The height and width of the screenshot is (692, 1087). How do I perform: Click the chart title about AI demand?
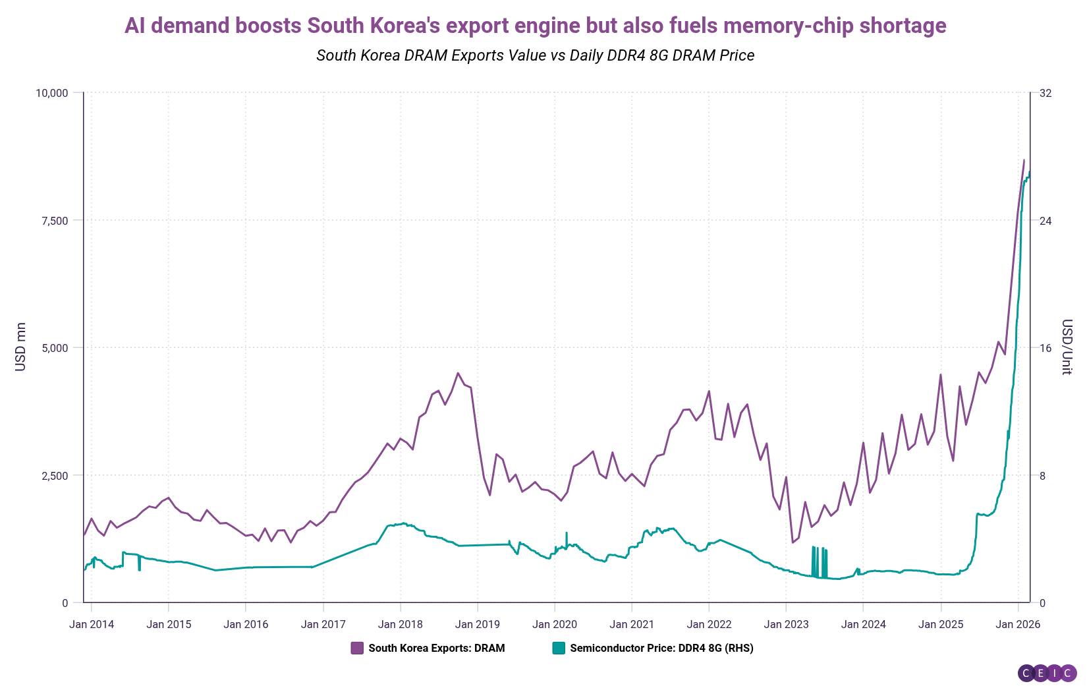535,26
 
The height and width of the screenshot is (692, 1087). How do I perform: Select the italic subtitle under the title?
535,55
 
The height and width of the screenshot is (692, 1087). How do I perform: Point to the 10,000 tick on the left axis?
51,93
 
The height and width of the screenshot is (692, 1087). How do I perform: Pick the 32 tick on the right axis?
1045,93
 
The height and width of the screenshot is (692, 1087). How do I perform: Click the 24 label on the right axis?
1045,220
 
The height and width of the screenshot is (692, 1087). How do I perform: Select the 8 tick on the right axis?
1042,475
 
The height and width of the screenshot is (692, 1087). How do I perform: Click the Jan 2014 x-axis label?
92,624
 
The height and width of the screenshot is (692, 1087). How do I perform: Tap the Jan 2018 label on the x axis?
401,624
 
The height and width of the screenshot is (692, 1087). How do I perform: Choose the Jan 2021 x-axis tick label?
632,624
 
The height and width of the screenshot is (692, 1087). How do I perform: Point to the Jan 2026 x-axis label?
1018,624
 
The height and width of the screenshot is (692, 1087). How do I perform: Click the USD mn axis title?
20,347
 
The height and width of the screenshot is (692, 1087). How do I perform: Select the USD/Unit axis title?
1067,347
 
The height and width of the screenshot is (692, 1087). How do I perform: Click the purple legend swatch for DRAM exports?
357,648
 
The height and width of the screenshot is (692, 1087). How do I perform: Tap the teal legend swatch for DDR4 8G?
559,648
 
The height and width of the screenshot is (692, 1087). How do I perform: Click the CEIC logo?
1047,673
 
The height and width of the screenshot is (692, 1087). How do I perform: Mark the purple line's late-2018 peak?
458,373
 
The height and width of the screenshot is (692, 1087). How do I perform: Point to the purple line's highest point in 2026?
1024,159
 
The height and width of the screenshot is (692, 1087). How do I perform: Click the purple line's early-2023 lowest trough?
793,542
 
